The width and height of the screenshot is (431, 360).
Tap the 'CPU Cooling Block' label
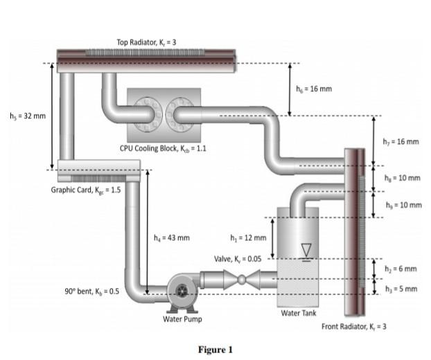coord(164,148)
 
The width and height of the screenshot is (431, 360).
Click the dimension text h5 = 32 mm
coord(26,116)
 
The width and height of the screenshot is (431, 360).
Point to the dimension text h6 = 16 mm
coord(313,89)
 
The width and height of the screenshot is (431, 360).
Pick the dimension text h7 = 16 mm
coord(401,142)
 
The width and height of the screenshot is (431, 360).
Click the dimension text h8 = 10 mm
coord(402,178)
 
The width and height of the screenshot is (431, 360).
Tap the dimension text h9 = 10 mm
coord(402,206)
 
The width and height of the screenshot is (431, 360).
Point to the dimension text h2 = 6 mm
coord(401,269)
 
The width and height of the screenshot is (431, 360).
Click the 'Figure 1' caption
coord(215,350)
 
